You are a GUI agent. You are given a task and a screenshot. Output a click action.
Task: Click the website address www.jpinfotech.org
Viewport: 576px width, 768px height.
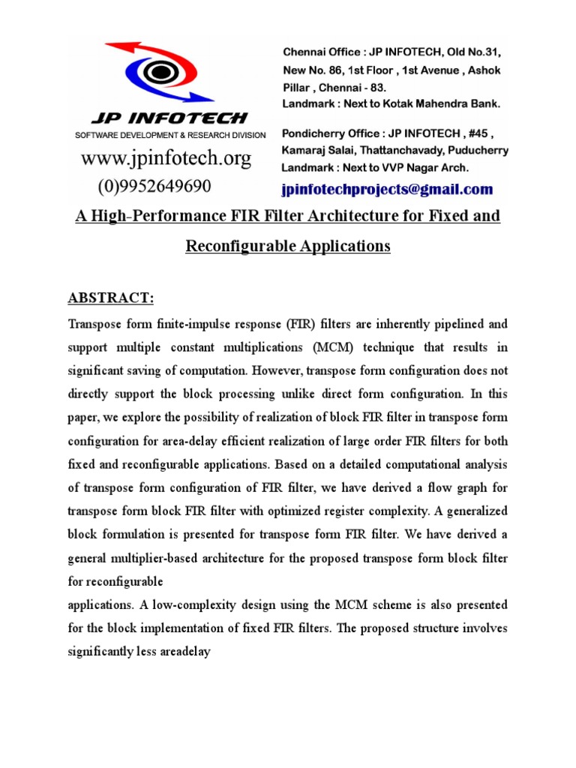coord(166,158)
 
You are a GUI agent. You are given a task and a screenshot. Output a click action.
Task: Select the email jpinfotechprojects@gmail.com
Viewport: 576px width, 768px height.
coord(387,189)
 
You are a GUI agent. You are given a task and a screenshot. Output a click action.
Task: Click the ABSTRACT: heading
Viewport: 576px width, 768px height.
coord(111,298)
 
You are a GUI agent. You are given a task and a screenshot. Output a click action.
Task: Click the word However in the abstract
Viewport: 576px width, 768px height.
coord(277,370)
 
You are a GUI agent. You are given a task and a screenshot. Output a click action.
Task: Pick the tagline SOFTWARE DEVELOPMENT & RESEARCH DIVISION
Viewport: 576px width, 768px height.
coord(169,135)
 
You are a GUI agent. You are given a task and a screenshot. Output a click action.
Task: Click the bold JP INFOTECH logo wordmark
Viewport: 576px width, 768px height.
coord(169,118)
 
